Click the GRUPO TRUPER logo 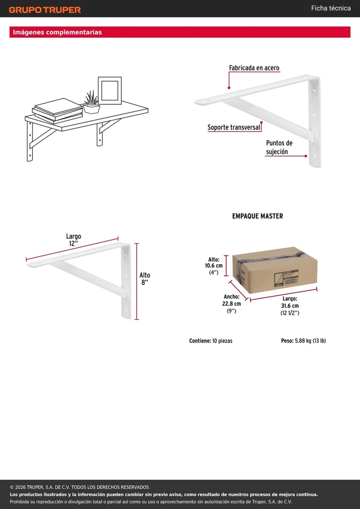tap(45, 10)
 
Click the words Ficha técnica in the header tap(331, 8)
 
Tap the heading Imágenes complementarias tap(57, 32)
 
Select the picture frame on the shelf tap(110, 90)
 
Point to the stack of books tap(58, 111)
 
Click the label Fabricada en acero tap(254, 68)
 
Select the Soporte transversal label tap(234, 127)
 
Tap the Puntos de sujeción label tap(279, 147)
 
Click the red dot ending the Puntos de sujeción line tap(306, 156)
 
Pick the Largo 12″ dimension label tap(74, 240)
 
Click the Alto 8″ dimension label tap(145, 278)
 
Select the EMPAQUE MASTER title tap(258, 216)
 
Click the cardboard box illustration tap(274, 270)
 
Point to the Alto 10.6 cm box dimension tap(214, 266)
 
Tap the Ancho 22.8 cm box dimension tap(231, 304)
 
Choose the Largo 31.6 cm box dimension tap(290, 306)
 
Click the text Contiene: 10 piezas tap(211, 341)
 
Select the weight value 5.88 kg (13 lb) tap(310, 341)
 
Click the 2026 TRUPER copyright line tap(80, 487)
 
